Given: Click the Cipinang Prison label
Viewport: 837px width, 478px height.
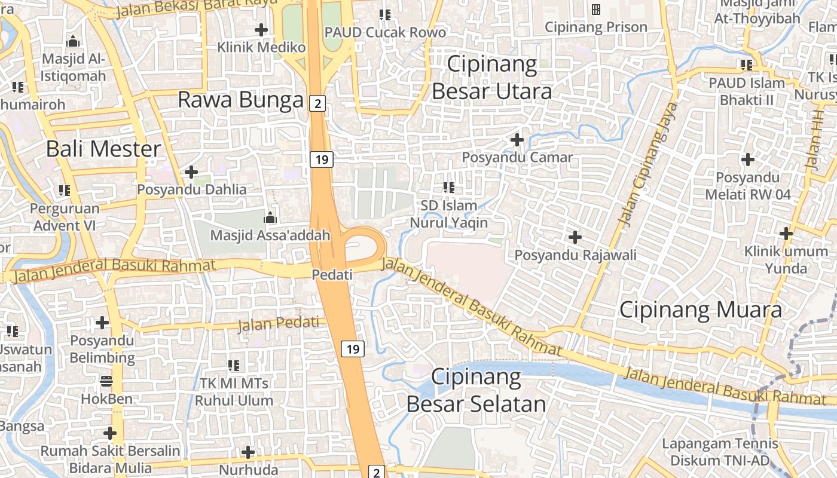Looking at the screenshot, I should [596, 27].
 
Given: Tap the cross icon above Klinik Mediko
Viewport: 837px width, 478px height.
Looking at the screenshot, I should [261, 29].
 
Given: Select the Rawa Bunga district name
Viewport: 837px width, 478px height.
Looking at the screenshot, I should [240, 100].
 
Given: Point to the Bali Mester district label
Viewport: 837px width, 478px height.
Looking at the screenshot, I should [104, 149].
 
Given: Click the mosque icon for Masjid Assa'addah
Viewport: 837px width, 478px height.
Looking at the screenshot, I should [270, 217].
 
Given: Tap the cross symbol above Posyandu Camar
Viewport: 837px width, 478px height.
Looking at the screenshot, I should [517, 140].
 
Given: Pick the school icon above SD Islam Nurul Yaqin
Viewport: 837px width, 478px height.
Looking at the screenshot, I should [449, 188].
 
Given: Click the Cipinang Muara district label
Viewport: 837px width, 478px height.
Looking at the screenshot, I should [700, 310].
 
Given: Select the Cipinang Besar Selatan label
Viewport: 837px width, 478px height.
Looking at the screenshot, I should [476, 391].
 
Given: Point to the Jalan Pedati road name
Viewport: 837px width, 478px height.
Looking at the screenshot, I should [279, 323].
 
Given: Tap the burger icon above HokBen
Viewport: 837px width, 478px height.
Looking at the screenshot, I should [106, 381].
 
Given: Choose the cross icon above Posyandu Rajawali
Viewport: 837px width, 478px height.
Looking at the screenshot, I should [575, 237].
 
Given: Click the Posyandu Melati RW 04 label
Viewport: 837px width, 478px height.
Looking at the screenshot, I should [748, 186].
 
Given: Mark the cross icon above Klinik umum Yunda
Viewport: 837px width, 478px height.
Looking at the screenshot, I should [786, 234].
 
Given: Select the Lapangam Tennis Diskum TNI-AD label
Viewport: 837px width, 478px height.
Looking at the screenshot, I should [720, 452].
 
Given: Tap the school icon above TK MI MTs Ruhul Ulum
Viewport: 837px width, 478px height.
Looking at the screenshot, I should [234, 364].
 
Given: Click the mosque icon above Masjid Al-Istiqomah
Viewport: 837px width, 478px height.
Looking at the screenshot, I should [73, 41].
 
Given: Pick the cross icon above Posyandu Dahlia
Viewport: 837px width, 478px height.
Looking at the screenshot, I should [191, 172].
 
